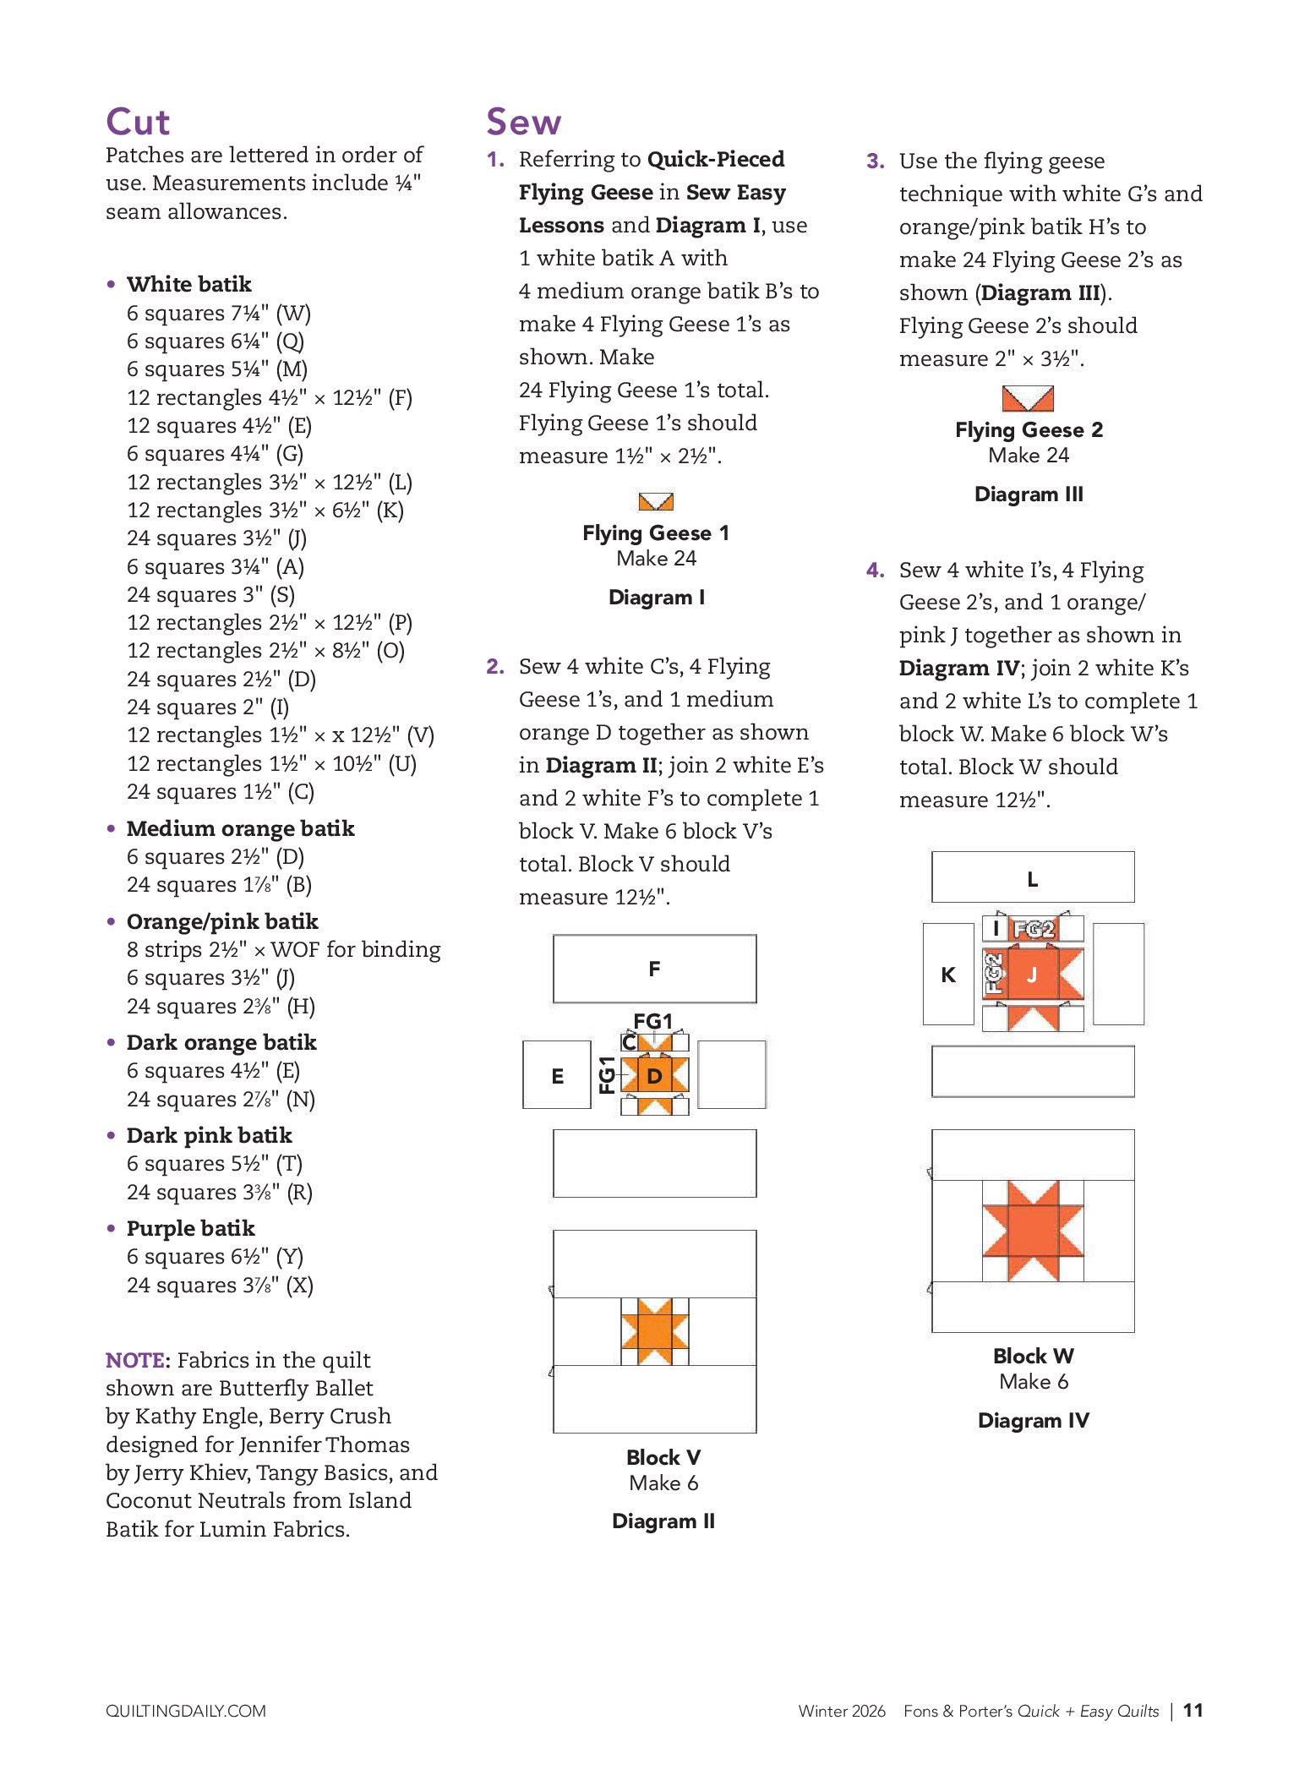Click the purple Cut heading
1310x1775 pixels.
[x=138, y=123]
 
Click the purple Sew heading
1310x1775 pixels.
[x=523, y=123]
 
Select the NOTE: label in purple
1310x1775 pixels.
[x=137, y=1360]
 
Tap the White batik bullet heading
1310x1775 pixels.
[x=188, y=284]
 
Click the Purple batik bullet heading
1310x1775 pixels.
[x=190, y=1228]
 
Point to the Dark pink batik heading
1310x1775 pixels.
[x=209, y=1135]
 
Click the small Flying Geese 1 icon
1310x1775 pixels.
[x=656, y=501]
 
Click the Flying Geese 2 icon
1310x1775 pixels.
[x=1028, y=398]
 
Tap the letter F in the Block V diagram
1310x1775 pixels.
[x=654, y=969]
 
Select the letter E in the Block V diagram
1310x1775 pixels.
[x=557, y=1076]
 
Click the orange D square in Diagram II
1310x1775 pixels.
[x=654, y=1076]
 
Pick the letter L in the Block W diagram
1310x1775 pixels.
[x=1032, y=880]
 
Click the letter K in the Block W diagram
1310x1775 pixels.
[x=948, y=975]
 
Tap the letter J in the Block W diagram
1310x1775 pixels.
[x=1031, y=975]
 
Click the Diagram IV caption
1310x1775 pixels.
[x=1033, y=1421]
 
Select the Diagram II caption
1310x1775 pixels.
[x=663, y=1521]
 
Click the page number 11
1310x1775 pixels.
[x=1193, y=1711]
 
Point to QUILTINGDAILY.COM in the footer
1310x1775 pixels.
[x=185, y=1712]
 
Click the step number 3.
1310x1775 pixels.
[x=875, y=161]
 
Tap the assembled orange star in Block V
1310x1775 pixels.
[x=654, y=1331]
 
